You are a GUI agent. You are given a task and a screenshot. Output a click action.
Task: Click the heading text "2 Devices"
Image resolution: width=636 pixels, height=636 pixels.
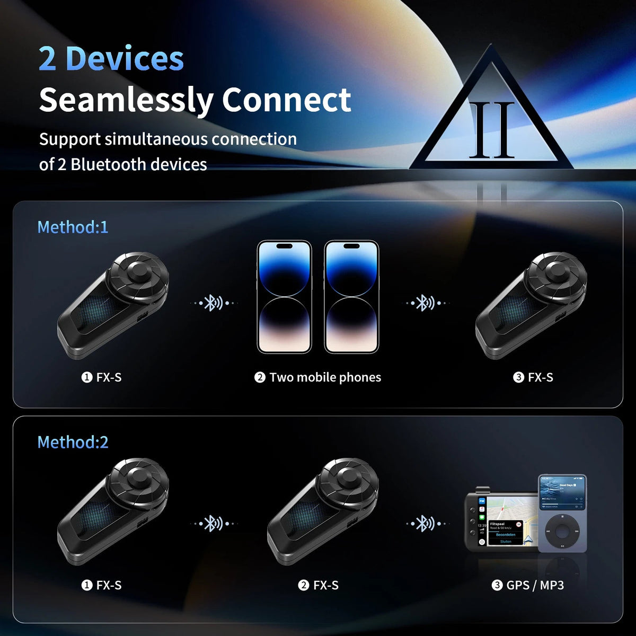111,59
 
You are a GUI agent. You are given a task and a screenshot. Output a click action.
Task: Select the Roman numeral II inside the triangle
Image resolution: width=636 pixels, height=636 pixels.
492,130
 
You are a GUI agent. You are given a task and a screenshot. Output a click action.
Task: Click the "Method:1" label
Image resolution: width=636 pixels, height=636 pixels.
73,227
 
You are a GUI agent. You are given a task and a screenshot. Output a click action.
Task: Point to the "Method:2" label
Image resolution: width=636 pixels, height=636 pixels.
73,442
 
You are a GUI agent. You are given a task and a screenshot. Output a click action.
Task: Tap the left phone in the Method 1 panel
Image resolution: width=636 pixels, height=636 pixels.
284,297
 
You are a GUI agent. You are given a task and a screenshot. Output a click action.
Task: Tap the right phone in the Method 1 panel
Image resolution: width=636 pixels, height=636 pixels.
351,297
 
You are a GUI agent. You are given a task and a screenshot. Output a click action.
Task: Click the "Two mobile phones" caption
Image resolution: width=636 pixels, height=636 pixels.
324,377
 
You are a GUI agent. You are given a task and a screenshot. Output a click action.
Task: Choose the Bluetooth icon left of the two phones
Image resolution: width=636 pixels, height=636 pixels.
213,303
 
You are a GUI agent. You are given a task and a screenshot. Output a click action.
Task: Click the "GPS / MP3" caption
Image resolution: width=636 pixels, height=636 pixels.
535,585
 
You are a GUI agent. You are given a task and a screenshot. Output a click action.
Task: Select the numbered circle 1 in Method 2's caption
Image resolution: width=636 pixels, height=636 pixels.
87,585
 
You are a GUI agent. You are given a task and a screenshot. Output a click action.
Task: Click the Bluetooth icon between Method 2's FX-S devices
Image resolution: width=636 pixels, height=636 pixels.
213,524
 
